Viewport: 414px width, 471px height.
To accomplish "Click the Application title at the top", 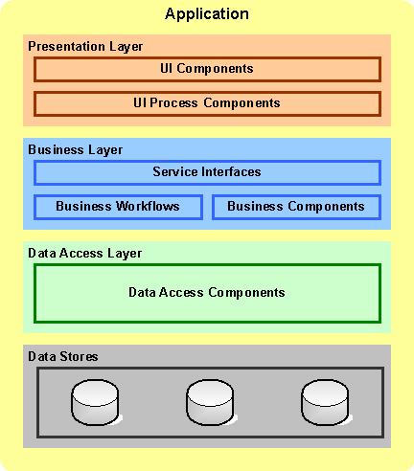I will pyautogui.click(x=207, y=14).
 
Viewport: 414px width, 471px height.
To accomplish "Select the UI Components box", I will pyautogui.click(x=207, y=69).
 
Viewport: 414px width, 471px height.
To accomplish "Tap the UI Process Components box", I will pyautogui.click(x=207, y=102).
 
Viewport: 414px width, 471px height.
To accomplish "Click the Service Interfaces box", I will pyautogui.click(x=207, y=172).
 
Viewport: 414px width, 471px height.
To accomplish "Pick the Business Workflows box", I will pyautogui.click(x=118, y=206).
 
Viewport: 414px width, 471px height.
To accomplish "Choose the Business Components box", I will pyautogui.click(x=296, y=206).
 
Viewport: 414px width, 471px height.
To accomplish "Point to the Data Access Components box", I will pyautogui.click(x=207, y=293).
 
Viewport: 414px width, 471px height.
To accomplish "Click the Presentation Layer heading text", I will pyautogui.click(x=85, y=46).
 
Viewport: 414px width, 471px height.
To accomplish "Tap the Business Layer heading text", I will pyautogui.click(x=75, y=149).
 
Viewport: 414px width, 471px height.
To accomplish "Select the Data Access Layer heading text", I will pyautogui.click(x=84, y=253).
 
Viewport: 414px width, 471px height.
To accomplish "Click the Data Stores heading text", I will pyautogui.click(x=63, y=356).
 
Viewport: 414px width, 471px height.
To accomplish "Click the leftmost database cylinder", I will pyautogui.click(x=96, y=402).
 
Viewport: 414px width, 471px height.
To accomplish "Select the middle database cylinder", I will pyautogui.click(x=211, y=402).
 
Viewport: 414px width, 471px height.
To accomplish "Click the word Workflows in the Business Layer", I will pyautogui.click(x=148, y=206).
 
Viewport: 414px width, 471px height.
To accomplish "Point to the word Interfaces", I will pyautogui.click(x=230, y=172).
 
